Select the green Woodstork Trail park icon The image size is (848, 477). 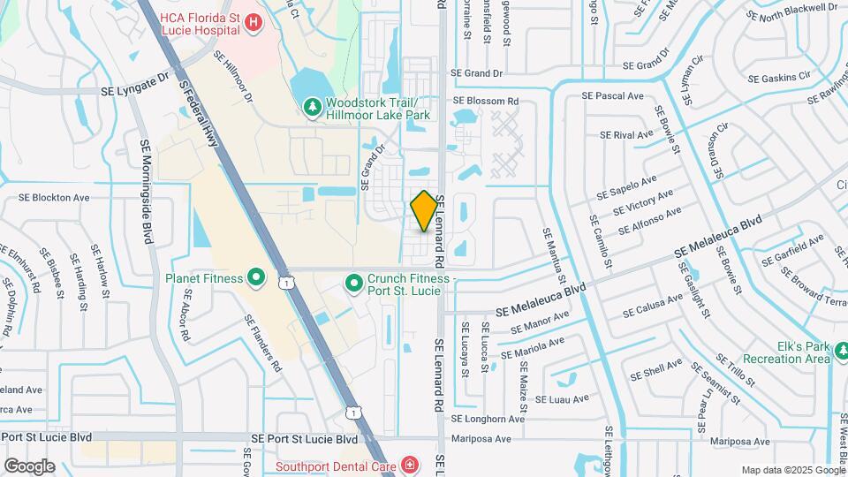point(311,108)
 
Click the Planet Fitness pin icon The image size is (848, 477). point(256,279)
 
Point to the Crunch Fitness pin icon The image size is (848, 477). point(353,284)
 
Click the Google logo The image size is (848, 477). point(29,466)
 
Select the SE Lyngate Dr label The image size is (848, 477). point(135,85)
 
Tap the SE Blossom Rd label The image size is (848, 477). point(484,102)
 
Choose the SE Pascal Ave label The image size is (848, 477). point(611,95)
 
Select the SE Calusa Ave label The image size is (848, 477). point(652,306)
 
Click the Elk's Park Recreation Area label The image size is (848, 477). point(786,352)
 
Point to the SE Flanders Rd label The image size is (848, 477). point(264,350)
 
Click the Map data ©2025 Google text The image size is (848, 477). point(792,470)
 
